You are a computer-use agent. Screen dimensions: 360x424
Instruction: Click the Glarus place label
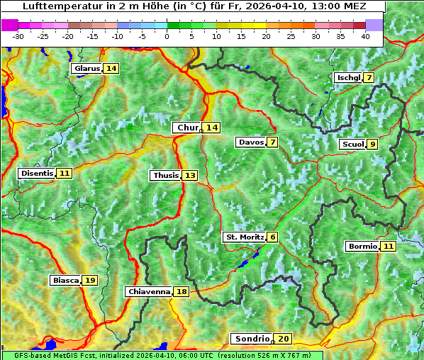pyautogui.click(x=86, y=68)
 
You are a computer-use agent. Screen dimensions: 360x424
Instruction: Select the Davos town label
pyautogui.click(x=250, y=142)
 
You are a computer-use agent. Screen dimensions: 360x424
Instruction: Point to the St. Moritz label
pyautogui.click(x=244, y=237)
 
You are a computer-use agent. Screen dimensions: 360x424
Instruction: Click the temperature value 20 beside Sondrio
pyautogui.click(x=284, y=339)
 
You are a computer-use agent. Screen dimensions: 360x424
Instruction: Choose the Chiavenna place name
pyautogui.click(x=148, y=291)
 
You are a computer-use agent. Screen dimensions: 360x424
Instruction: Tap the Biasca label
pyautogui.click(x=65, y=281)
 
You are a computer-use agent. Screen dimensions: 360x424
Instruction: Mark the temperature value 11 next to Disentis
pyautogui.click(x=65, y=173)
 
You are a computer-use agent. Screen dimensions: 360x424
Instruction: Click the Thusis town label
pyautogui.click(x=164, y=175)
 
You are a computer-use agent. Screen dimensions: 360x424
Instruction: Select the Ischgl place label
pyautogui.click(x=347, y=77)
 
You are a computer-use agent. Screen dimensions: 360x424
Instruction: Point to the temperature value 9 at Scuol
pyautogui.click(x=372, y=145)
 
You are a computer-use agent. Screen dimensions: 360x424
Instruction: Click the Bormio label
pyautogui.click(x=362, y=247)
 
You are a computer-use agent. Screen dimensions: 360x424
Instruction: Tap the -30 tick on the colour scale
pyautogui.click(x=18, y=36)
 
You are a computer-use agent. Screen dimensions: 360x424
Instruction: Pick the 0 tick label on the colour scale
pyautogui.click(x=167, y=36)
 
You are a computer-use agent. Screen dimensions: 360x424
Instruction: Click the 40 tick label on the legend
pyautogui.click(x=365, y=36)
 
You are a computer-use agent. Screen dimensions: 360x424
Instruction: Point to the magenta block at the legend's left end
pyautogui.click(x=10, y=25)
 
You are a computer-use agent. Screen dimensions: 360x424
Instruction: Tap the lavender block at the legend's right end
pyautogui.click(x=374, y=25)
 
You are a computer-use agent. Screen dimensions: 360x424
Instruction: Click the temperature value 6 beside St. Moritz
pyautogui.click(x=273, y=237)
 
